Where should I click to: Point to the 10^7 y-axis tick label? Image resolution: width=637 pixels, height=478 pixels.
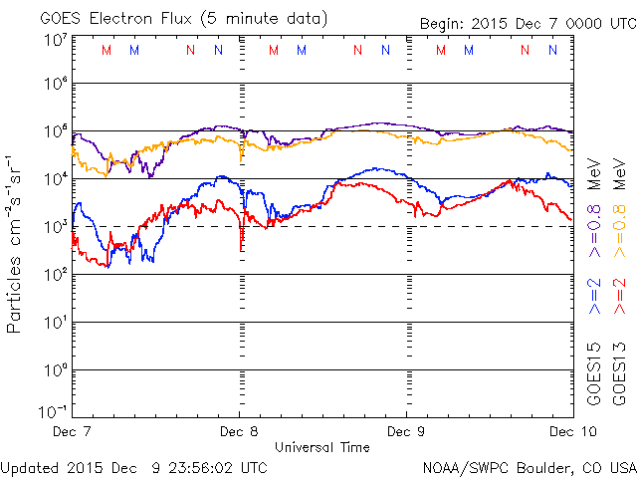(54, 41)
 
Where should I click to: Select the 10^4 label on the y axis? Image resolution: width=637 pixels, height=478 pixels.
(54, 179)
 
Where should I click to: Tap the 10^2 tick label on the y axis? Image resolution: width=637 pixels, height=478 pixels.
(54, 275)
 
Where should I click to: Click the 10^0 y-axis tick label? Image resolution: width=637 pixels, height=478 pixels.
(54, 370)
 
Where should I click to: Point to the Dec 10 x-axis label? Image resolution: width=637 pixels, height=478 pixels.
(567, 432)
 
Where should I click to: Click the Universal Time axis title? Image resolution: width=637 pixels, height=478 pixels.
(322, 447)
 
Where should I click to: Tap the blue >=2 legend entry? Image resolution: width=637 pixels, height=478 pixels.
(595, 297)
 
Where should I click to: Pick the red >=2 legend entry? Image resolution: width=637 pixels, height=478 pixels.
(620, 297)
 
